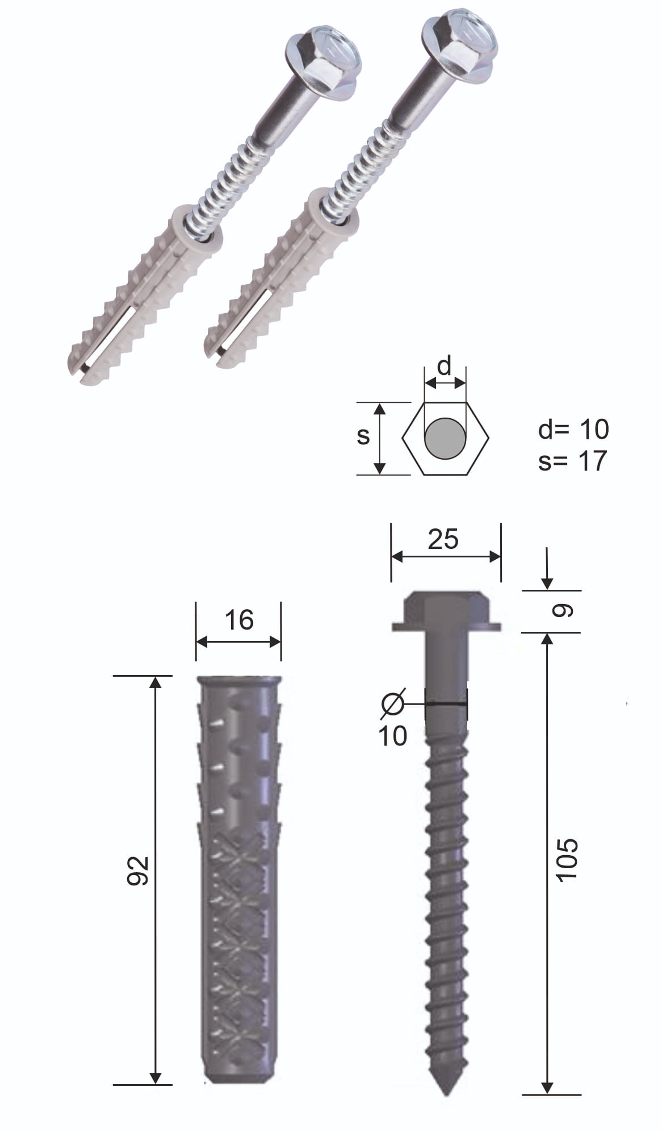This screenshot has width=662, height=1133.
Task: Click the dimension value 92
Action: click(x=137, y=871)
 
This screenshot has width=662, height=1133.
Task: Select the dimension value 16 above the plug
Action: click(x=239, y=620)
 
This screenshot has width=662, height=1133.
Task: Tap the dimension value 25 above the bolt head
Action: click(x=443, y=539)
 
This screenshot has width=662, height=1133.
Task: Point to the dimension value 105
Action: click(x=567, y=860)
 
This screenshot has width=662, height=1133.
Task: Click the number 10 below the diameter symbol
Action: click(x=393, y=736)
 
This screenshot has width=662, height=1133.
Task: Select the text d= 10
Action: click(x=573, y=430)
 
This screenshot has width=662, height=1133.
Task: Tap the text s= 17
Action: click(x=572, y=461)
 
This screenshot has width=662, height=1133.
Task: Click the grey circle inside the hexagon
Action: click(x=445, y=438)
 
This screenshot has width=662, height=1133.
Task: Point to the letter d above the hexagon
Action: click(x=445, y=366)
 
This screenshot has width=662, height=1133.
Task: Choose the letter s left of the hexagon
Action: click(x=363, y=436)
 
